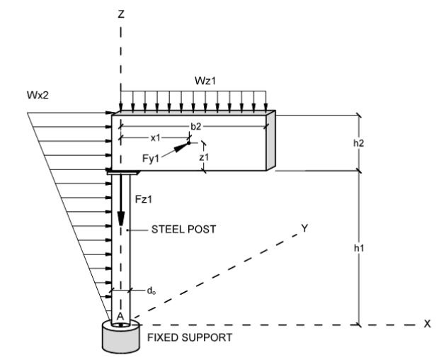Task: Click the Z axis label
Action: tap(121, 14)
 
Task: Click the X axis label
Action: tap(427, 324)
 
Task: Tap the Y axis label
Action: tap(304, 228)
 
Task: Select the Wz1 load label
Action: tap(205, 81)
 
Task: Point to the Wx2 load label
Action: tap(38, 95)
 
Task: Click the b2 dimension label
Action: tap(195, 126)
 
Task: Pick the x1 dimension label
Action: tap(156, 138)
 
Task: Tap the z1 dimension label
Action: tap(204, 157)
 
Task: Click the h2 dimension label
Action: tap(359, 143)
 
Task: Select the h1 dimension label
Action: tap(359, 248)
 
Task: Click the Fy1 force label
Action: tap(151, 158)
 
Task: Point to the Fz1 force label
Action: tap(144, 199)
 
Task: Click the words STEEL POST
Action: tap(184, 230)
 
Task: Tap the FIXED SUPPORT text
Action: tap(190, 337)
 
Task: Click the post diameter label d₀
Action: tap(151, 291)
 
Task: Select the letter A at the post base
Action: tap(120, 316)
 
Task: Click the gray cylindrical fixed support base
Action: tap(121, 340)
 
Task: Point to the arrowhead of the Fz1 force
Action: tap(121, 218)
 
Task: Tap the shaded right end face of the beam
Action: tap(270, 140)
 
